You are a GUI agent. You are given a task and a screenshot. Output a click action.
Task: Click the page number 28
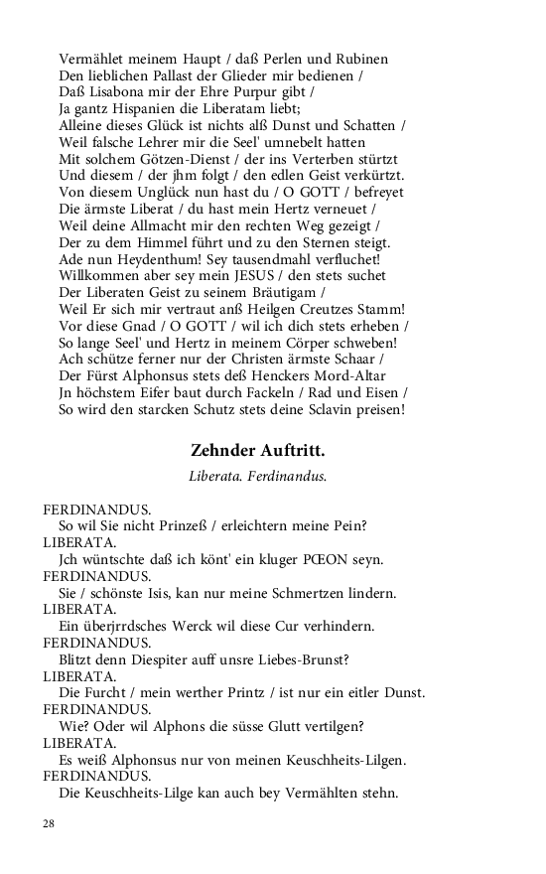click(x=48, y=823)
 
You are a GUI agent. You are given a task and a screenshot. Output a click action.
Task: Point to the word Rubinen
click(x=361, y=60)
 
